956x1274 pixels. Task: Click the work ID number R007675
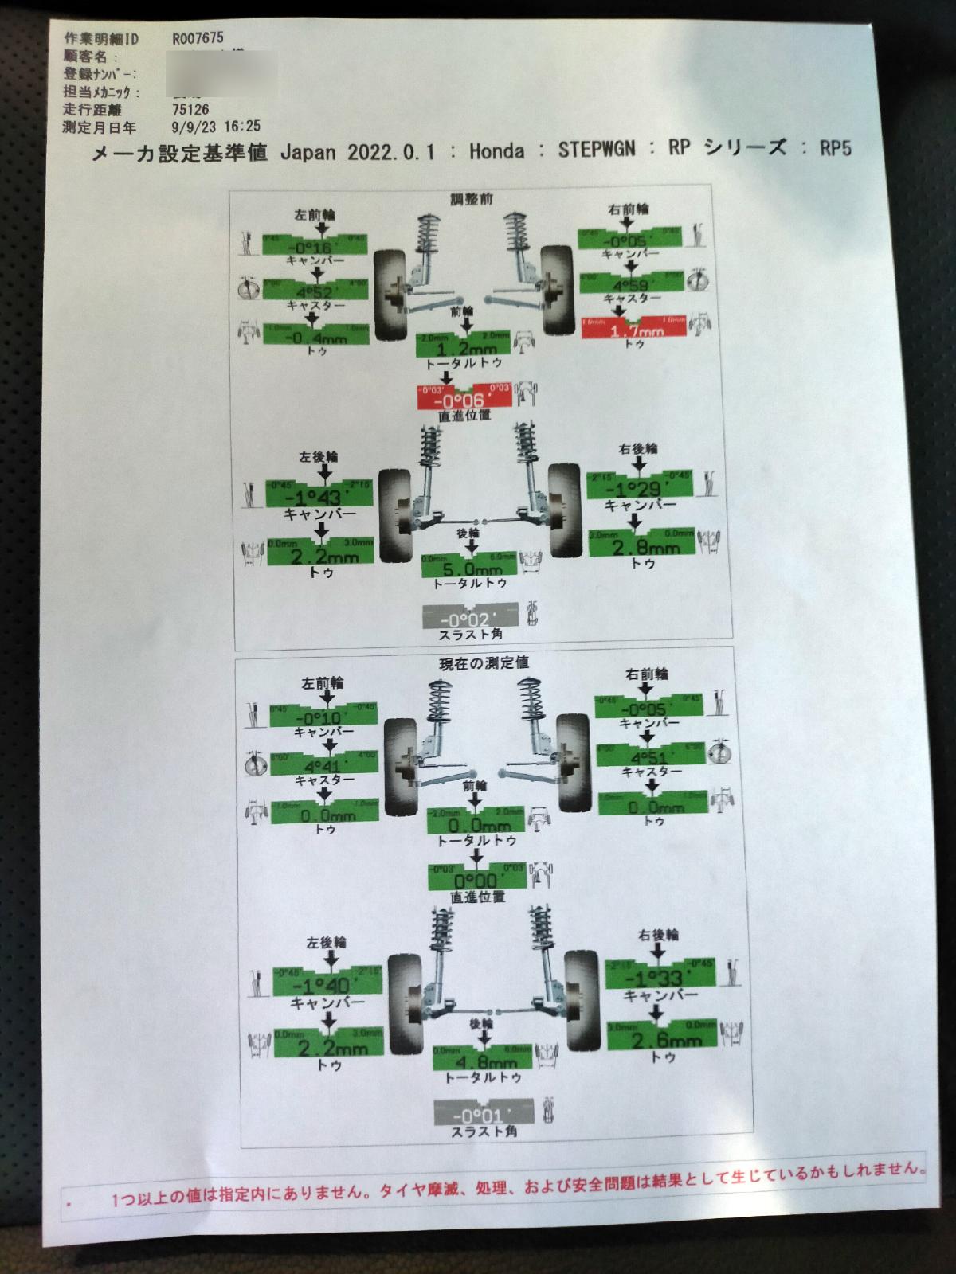click(x=198, y=38)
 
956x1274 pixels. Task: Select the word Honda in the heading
click(x=496, y=151)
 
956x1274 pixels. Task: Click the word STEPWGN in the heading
click(x=596, y=150)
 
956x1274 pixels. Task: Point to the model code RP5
click(x=836, y=149)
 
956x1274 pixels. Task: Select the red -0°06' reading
click(x=464, y=399)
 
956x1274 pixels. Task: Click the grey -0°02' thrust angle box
click(x=470, y=618)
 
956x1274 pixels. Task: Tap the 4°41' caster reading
click(x=323, y=766)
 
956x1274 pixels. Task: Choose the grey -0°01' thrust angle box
click(x=484, y=1115)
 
